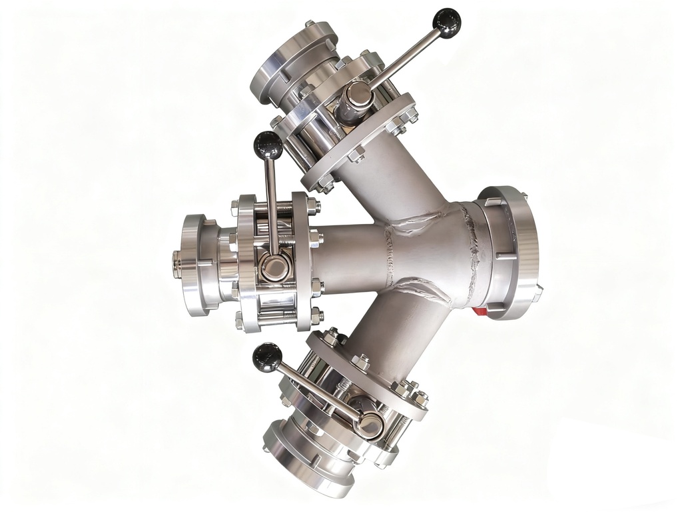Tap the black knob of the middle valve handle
268,145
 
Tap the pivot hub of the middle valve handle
273,267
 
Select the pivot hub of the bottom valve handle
370,424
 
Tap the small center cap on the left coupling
176,264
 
